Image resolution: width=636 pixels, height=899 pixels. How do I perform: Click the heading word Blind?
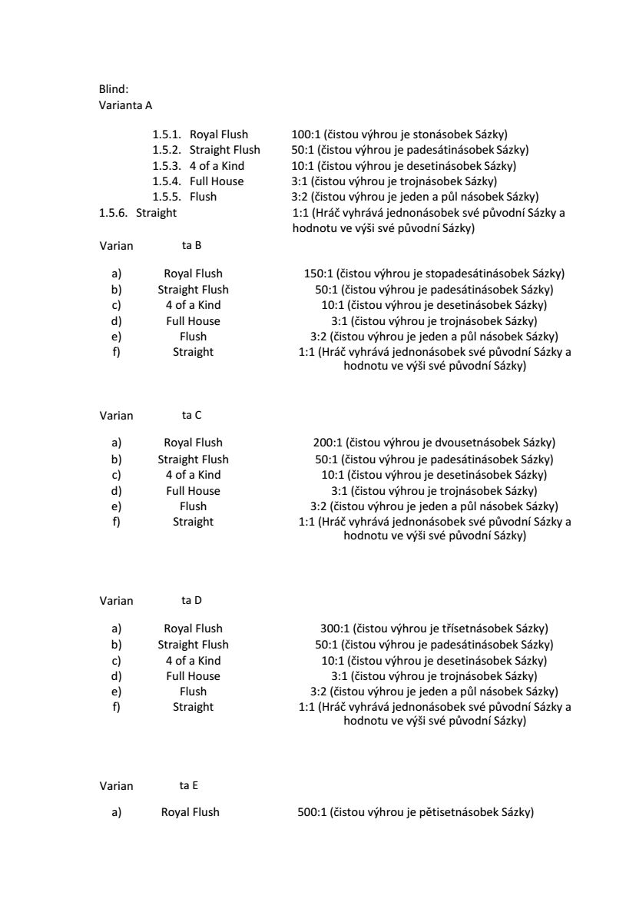114,90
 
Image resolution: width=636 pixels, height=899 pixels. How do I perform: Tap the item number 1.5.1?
167,134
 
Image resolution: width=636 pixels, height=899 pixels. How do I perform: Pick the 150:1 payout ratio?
320,274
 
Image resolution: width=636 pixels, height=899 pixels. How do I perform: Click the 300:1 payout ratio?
334,629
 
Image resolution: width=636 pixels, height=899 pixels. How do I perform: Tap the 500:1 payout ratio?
312,812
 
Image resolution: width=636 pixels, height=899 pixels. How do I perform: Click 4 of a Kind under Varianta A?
217,166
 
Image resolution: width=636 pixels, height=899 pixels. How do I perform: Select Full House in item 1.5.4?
217,181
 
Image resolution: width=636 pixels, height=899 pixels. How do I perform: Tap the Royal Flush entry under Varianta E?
190,812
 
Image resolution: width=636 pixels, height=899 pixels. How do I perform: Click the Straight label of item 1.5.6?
156,212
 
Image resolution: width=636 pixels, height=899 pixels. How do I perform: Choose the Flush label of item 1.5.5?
204,197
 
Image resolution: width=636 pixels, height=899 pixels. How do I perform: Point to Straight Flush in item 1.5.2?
225,150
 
